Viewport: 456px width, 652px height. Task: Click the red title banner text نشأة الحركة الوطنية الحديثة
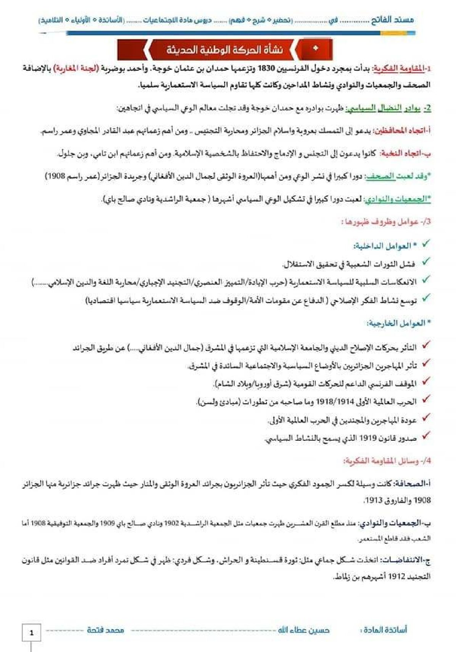tap(224, 50)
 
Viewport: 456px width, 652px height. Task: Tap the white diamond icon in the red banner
tap(315, 49)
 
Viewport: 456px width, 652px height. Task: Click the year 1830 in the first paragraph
tap(266, 69)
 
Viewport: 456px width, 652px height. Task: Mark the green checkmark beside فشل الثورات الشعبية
tap(425, 262)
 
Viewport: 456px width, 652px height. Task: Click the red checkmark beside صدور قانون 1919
tap(425, 435)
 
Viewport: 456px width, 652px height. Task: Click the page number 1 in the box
tap(31, 633)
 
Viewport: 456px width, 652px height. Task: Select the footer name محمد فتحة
tap(105, 630)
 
